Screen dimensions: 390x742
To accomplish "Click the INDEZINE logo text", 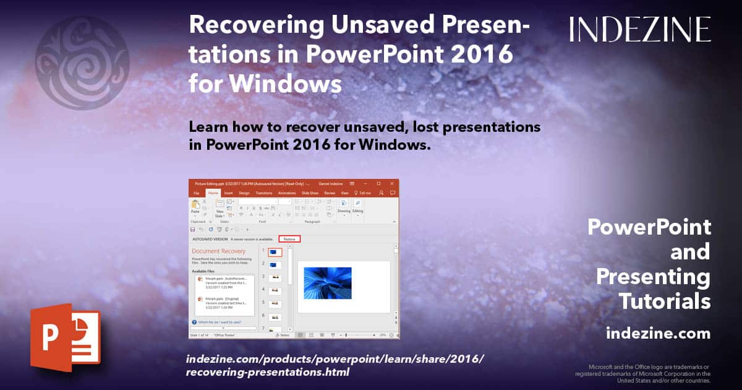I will click(x=640, y=29).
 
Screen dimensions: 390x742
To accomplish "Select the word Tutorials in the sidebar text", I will click(x=664, y=301).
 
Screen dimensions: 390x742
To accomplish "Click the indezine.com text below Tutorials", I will click(x=658, y=334).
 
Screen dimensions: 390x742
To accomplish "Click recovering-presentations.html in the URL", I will click(x=267, y=373).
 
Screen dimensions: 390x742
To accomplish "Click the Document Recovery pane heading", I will click(x=218, y=251).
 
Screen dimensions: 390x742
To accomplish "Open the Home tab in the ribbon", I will click(x=213, y=193).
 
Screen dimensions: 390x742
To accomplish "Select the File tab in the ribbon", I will click(x=196, y=193).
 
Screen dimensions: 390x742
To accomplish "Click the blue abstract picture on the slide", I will click(x=328, y=284).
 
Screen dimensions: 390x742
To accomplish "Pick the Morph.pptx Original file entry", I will click(x=221, y=301).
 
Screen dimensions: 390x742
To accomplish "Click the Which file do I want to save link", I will click(x=221, y=322).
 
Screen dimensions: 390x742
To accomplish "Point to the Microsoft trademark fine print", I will click(x=643, y=373).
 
